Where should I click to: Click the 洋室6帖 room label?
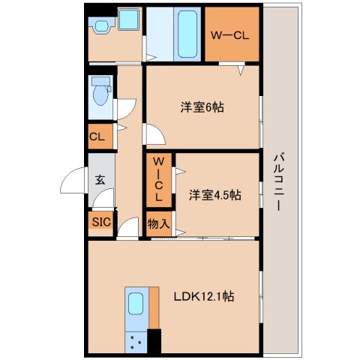pyautogui.click(x=202, y=107)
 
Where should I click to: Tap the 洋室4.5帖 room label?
pyautogui.click(x=214, y=195)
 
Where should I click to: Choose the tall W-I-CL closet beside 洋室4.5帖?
pyautogui.click(x=158, y=180)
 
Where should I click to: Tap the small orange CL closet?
pyautogui.click(x=97, y=137)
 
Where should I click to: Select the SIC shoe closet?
pyautogui.click(x=100, y=222)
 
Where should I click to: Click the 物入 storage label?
pyautogui.click(x=158, y=223)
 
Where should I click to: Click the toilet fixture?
pyautogui.click(x=100, y=94)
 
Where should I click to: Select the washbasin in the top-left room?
pyautogui.click(x=102, y=25)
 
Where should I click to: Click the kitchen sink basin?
pyautogui.click(x=136, y=304)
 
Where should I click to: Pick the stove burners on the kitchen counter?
pyautogui.click(x=136, y=342)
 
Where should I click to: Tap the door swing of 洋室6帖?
pyautogui.click(x=155, y=135)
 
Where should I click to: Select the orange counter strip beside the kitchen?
pyautogui.click(x=154, y=307)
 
